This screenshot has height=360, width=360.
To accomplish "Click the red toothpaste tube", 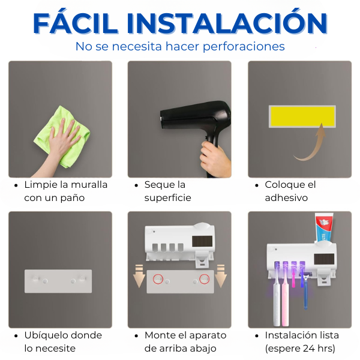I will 324,229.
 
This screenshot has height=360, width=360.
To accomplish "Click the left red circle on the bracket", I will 158,279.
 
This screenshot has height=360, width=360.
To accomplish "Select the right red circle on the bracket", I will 205,279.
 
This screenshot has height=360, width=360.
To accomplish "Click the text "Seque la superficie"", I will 167,191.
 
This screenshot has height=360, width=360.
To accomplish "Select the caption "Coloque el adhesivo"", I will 290,191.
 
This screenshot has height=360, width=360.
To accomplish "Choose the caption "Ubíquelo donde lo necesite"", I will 62,341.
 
